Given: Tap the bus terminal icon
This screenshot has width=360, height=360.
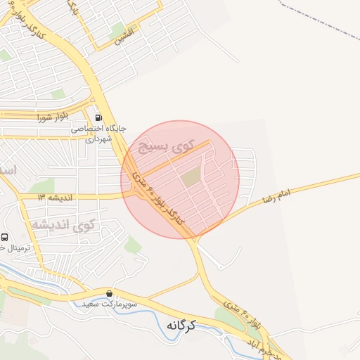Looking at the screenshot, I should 5,238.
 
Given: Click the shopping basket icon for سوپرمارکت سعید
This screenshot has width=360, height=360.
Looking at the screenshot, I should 110,293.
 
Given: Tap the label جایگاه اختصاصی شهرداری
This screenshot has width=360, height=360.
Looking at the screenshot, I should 98,134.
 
